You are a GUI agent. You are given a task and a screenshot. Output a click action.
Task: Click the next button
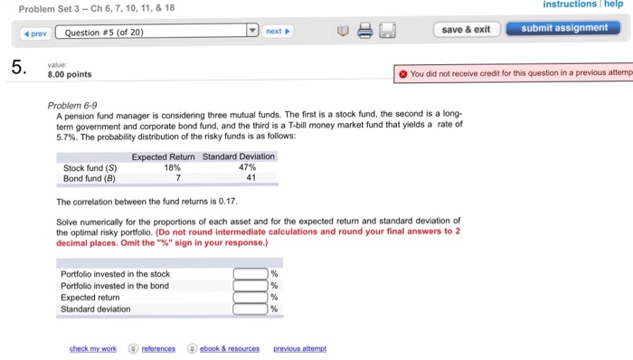click(x=278, y=31)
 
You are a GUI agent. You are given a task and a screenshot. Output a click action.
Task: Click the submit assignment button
click(x=565, y=28)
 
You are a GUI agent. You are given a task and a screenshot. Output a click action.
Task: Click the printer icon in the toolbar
click(x=364, y=32)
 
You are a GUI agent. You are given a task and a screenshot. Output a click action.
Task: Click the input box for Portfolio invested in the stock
click(x=250, y=274)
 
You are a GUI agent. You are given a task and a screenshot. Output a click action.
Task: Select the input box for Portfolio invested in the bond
click(x=250, y=286)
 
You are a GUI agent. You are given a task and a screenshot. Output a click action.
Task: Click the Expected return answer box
click(x=250, y=297)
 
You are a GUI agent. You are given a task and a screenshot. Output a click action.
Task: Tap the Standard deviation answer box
click(x=250, y=308)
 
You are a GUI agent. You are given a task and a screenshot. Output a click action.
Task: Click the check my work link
click(x=93, y=348)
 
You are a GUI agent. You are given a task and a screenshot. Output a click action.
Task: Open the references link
click(x=157, y=348)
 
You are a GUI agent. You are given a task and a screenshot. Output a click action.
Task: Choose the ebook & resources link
click(x=228, y=348)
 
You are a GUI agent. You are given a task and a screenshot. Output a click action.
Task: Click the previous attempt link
click(x=299, y=348)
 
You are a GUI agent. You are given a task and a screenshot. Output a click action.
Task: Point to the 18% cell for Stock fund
click(x=172, y=167)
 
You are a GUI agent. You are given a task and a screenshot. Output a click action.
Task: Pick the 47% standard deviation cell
click(x=247, y=167)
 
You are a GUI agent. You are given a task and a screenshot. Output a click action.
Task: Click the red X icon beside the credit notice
click(x=402, y=74)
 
